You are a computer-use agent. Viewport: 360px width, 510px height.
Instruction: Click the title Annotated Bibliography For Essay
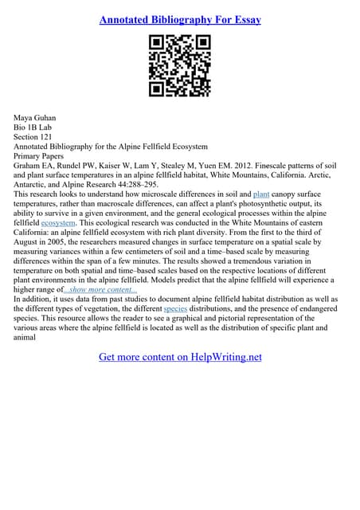pos(180,18)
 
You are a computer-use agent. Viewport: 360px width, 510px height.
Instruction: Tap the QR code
pos(180,66)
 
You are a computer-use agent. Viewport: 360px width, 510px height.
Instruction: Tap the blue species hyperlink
pos(175,308)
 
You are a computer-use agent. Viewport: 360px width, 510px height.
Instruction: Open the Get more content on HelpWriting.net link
pos(180,357)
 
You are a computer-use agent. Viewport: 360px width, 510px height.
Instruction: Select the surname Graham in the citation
pos(29,166)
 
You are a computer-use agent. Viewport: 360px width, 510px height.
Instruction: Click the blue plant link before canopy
pos(261,194)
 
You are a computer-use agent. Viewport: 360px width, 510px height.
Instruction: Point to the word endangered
pos(316,308)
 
